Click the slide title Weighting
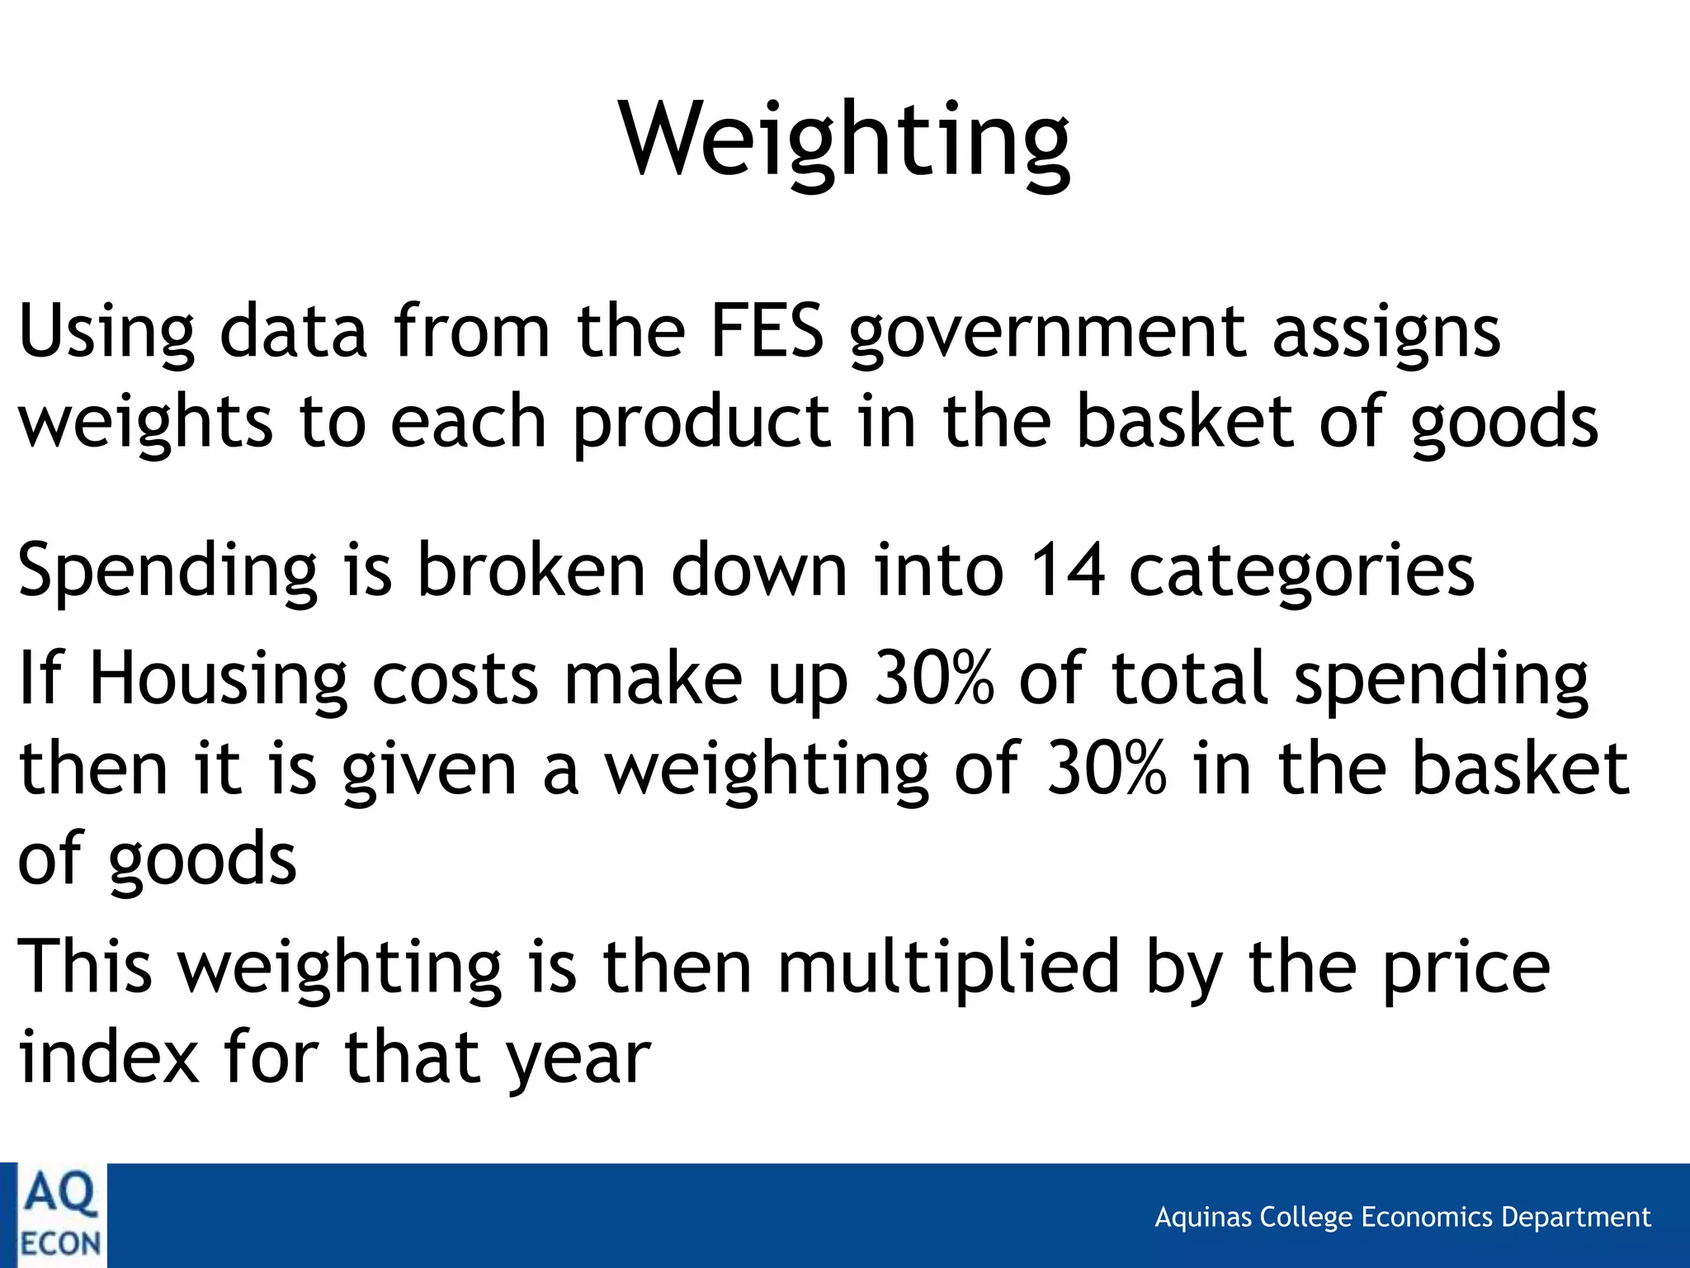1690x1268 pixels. click(845, 140)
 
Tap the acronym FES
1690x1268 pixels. click(767, 332)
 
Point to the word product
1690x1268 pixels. click(701, 423)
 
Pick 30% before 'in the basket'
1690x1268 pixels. click(1107, 769)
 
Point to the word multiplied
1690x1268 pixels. click(948, 968)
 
